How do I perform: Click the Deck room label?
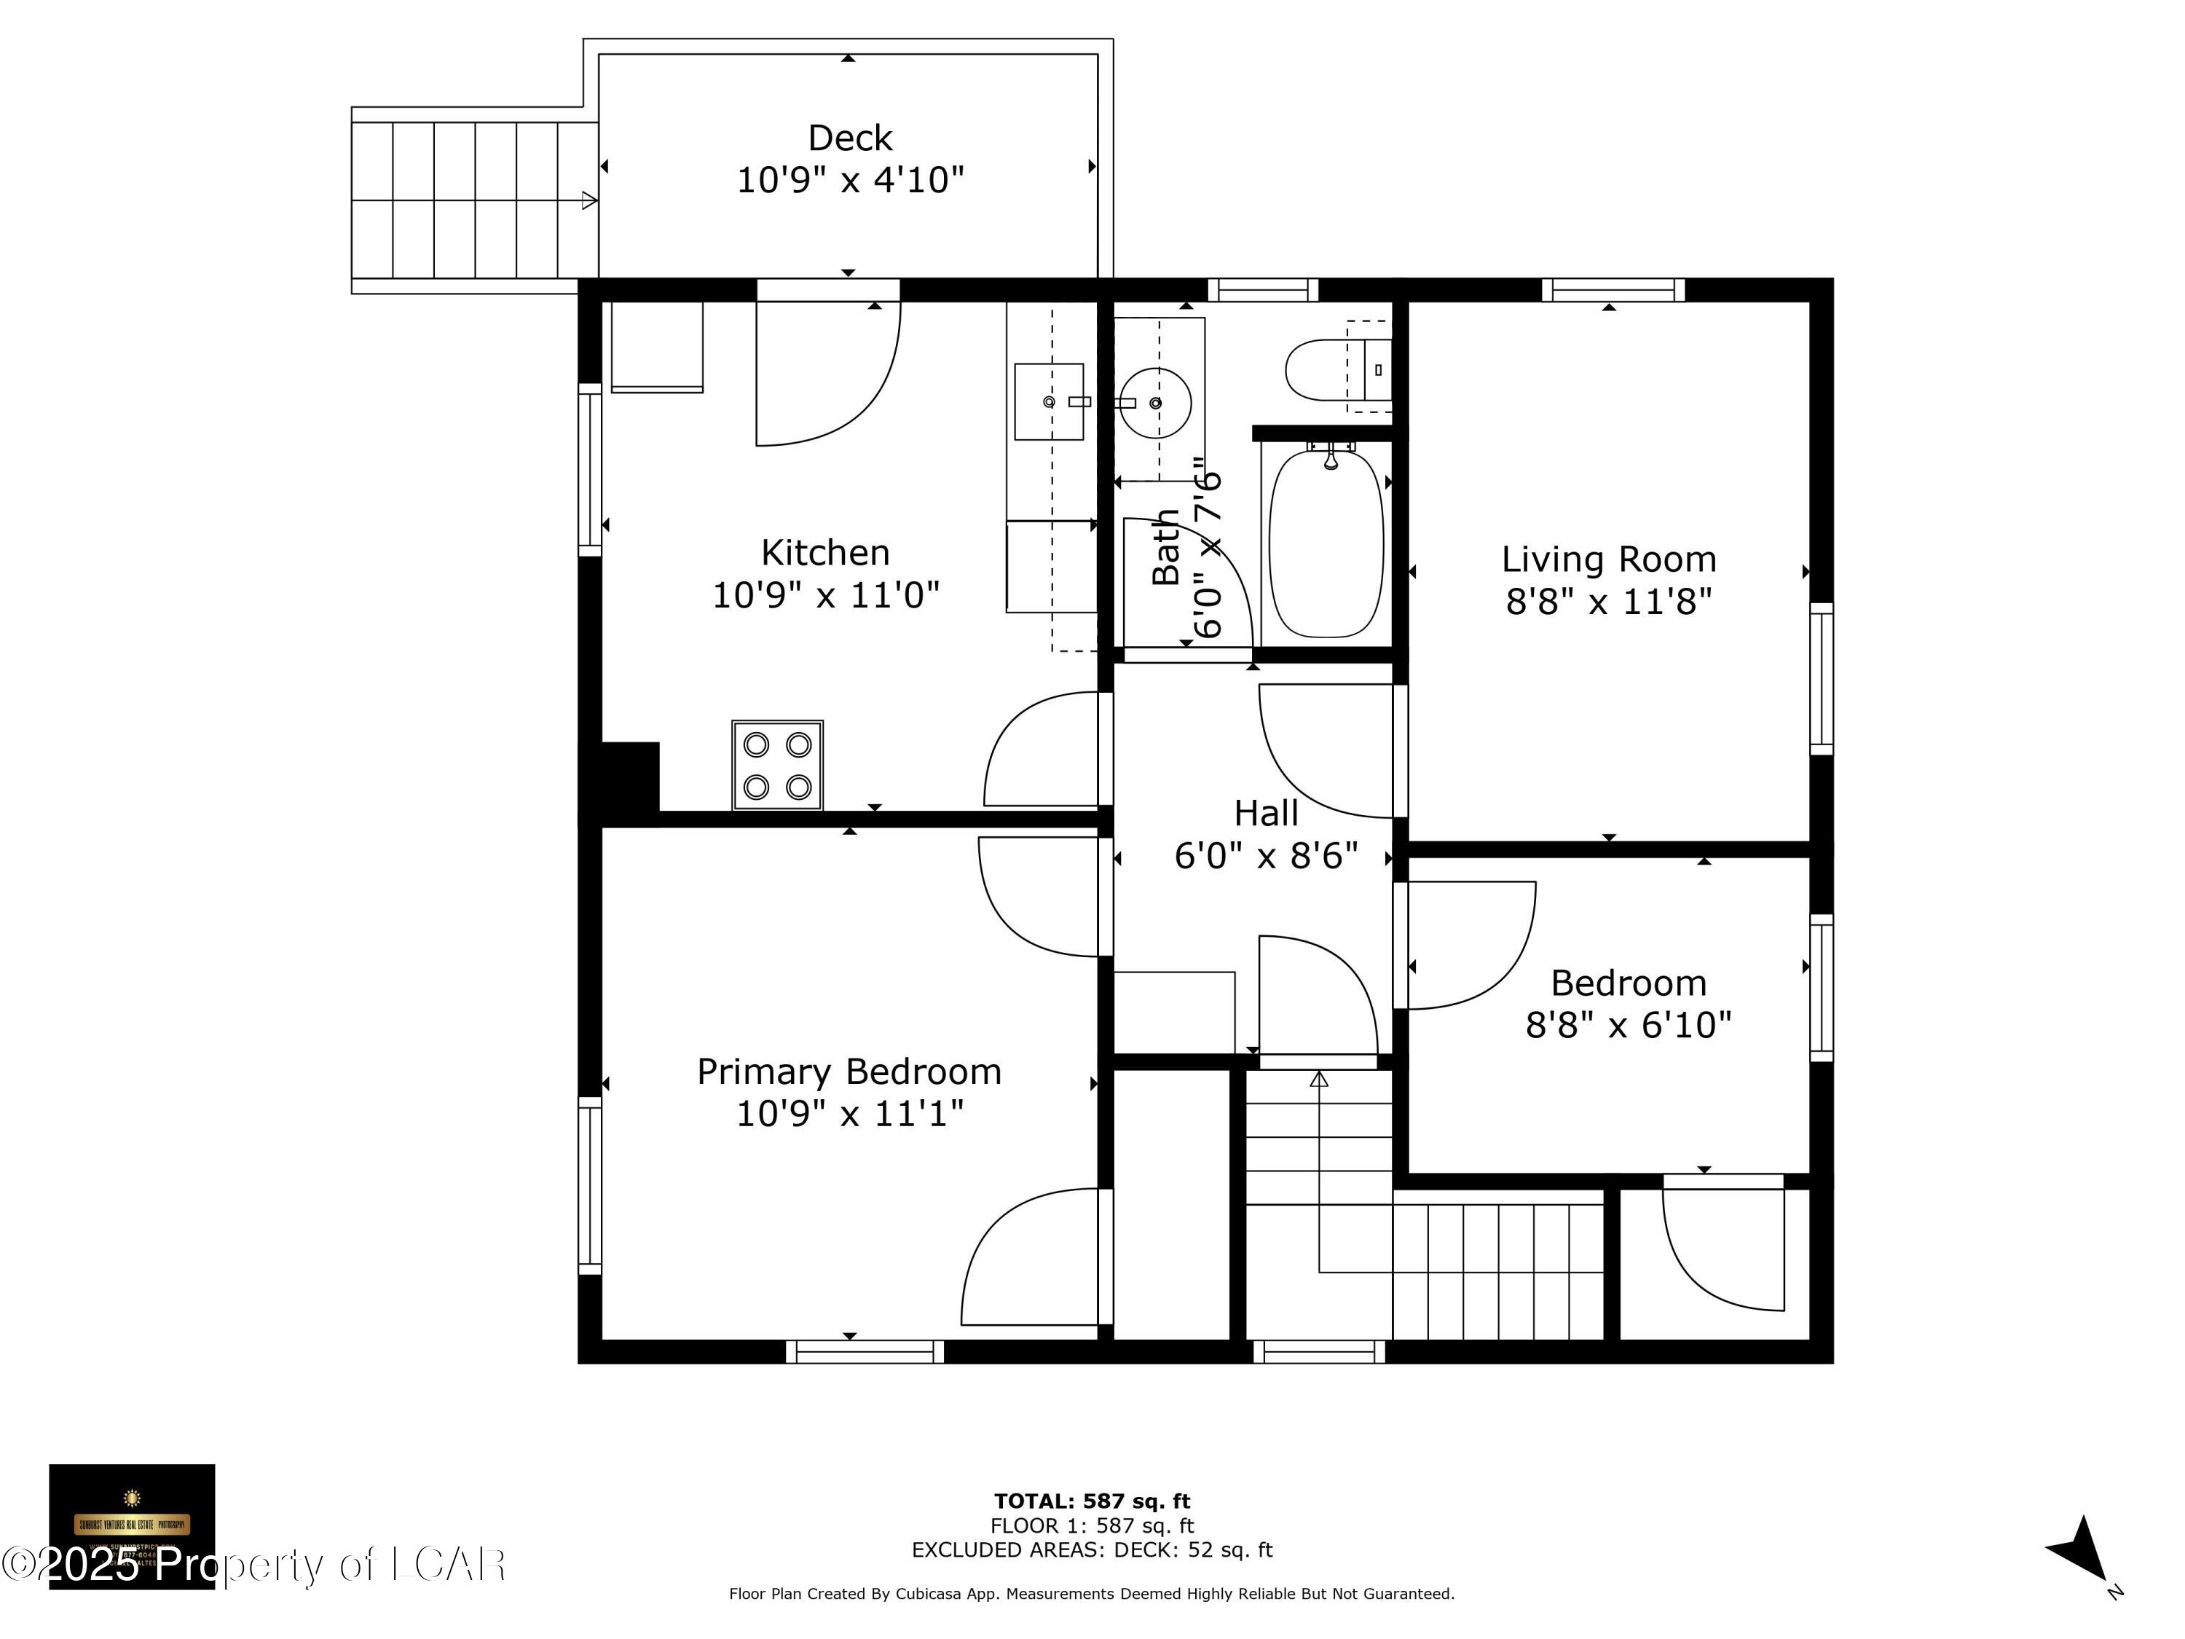coord(849,138)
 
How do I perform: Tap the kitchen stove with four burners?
coord(777,766)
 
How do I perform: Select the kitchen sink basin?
coord(1048,402)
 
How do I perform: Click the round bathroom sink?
coord(1154,403)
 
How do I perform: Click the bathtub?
coord(1326,544)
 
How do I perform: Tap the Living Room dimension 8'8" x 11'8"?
coord(1608,601)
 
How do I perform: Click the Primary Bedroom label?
coord(849,1072)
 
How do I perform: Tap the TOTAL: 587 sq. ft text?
coord(1092,1501)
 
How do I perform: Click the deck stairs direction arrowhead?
coord(588,200)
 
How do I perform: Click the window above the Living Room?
coord(1613,289)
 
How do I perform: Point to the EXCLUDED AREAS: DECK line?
coord(1092,1550)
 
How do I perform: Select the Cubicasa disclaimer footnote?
coord(1092,1594)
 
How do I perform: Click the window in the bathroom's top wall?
coord(1262,289)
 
